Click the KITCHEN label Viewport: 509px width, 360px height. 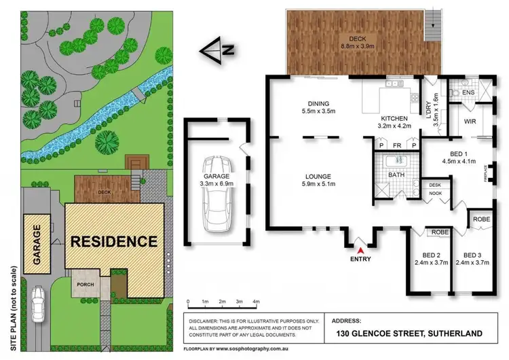click(x=393, y=117)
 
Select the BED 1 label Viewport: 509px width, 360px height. click(x=454, y=154)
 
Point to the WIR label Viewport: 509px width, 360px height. click(x=470, y=122)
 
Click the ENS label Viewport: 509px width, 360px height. click(x=468, y=93)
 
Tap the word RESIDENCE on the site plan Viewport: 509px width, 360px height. click(x=114, y=240)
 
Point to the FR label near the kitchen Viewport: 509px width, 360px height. click(x=396, y=145)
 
